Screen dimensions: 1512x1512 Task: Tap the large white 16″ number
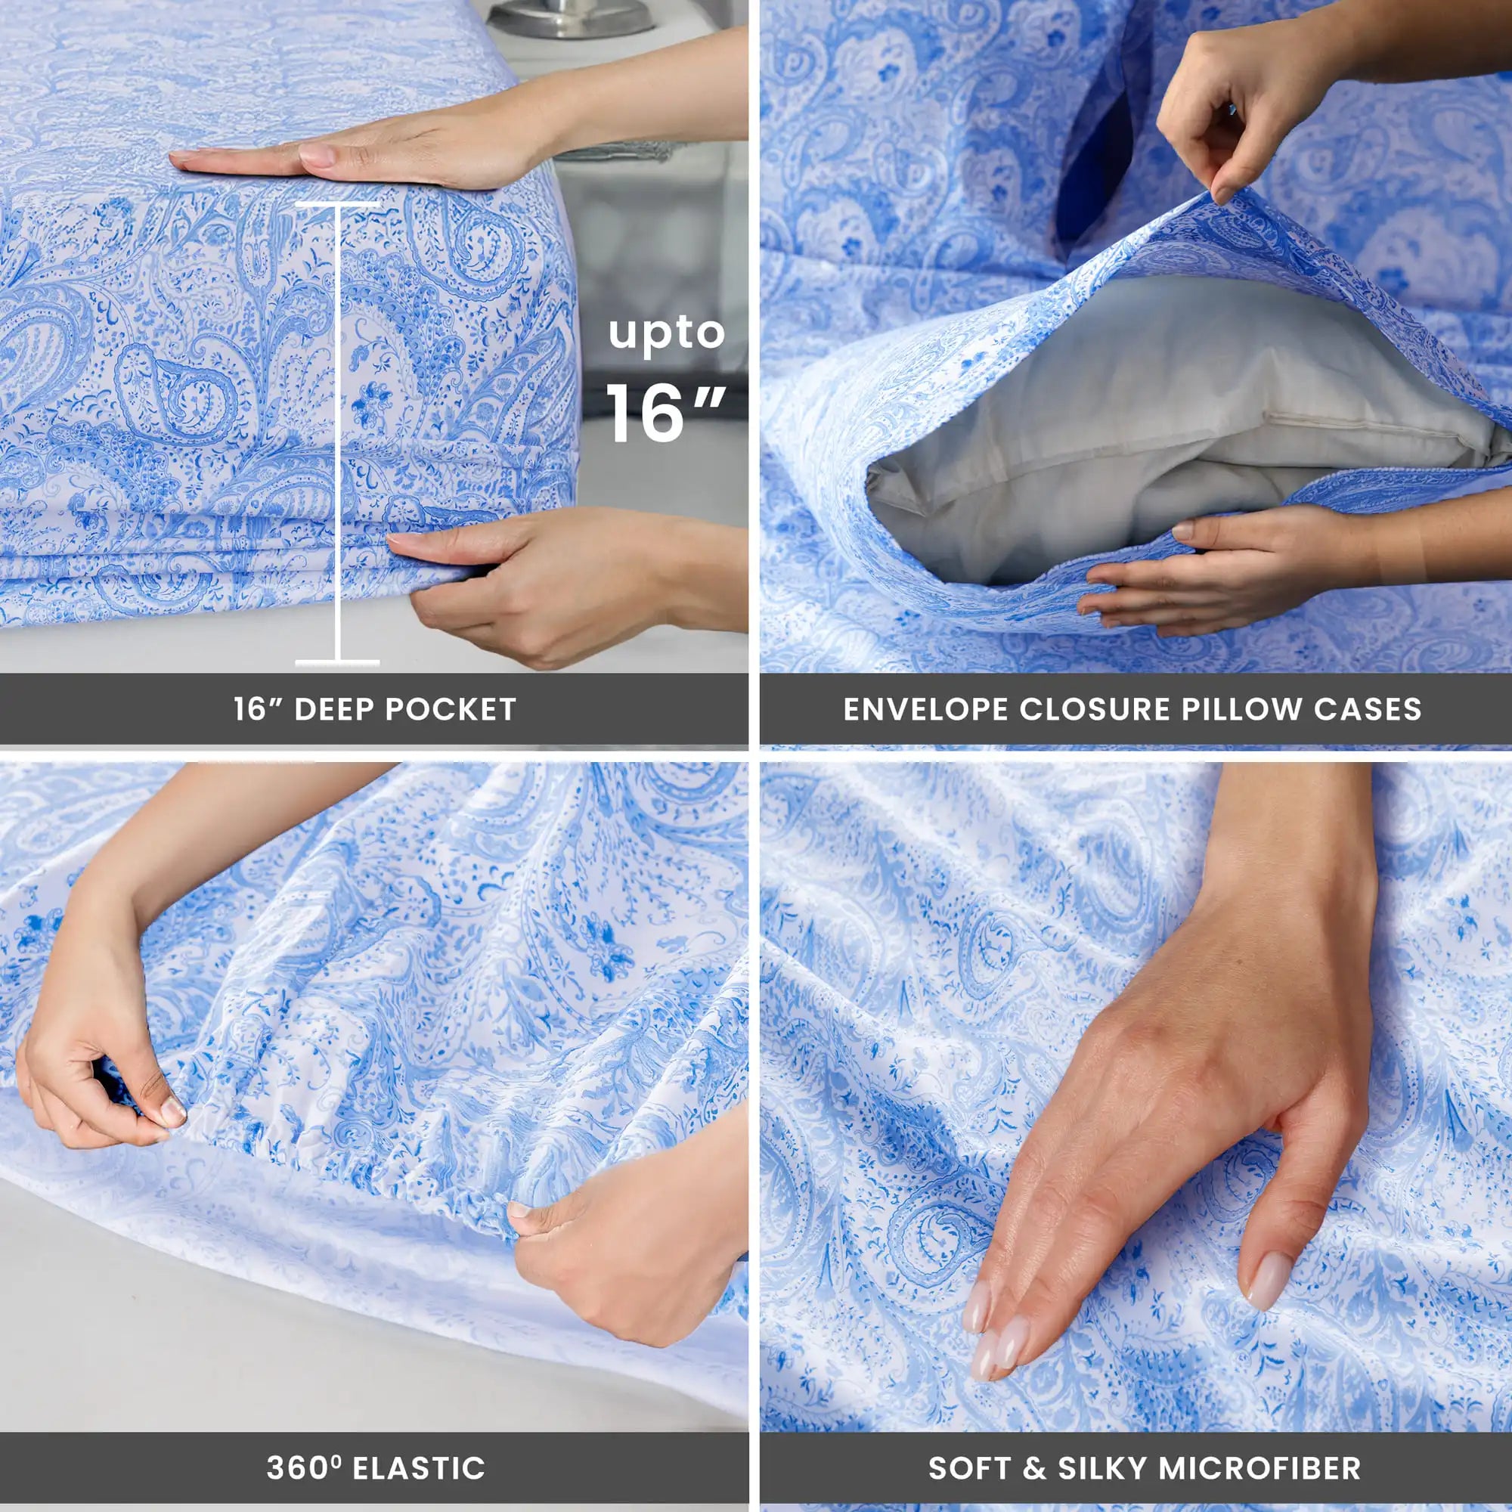[665, 414]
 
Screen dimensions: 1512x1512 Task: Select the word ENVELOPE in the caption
[925, 709]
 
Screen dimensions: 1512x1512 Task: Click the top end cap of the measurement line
[337, 204]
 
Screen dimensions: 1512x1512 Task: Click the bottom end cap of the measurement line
[337, 663]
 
